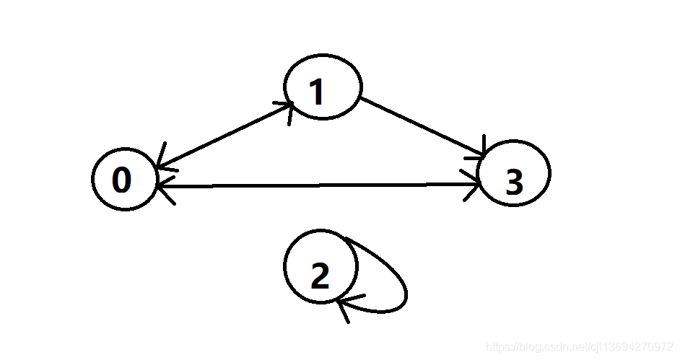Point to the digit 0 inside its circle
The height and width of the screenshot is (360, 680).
(122, 180)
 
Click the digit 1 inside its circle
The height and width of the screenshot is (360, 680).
(316, 92)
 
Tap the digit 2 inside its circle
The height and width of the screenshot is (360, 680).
(319, 276)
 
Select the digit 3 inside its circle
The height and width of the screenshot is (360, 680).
(513, 183)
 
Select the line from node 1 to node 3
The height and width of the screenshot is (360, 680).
(422, 126)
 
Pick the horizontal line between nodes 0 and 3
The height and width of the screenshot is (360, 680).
(318, 185)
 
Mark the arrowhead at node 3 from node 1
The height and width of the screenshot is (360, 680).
(482, 150)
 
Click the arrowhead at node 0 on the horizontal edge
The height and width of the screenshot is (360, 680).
(163, 188)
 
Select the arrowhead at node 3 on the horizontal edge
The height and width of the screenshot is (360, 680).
(474, 185)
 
